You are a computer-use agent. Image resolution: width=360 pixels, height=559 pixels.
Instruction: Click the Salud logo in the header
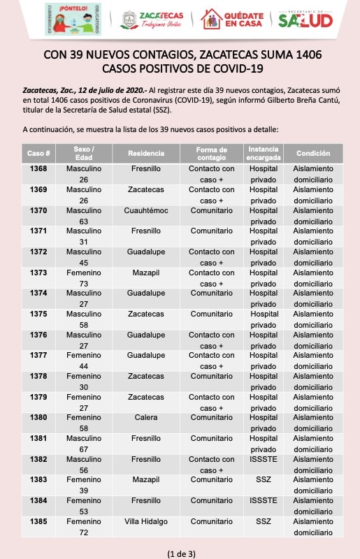(x=305, y=20)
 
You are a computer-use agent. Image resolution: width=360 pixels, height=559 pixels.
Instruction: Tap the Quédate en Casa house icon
(x=212, y=19)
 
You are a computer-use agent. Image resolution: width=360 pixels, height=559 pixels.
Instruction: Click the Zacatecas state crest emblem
(x=129, y=20)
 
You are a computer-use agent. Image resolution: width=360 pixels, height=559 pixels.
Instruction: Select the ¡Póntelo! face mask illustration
(x=73, y=20)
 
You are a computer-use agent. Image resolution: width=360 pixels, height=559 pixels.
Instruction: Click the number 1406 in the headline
(x=309, y=55)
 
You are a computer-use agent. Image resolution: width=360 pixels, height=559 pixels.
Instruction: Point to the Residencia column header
(x=146, y=153)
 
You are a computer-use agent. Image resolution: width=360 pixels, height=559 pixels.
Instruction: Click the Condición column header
(x=313, y=153)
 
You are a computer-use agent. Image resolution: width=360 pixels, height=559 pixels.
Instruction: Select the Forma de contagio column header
(x=212, y=154)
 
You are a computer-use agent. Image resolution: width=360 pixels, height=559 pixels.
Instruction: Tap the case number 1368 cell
(x=38, y=168)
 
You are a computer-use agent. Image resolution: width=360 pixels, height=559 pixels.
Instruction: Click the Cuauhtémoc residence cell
(x=146, y=211)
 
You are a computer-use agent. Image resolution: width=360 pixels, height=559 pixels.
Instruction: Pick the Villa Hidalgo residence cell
(x=146, y=521)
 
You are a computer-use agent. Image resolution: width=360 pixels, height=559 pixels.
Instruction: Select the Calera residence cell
(x=146, y=417)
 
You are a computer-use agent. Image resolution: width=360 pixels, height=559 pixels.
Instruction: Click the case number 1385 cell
(x=38, y=521)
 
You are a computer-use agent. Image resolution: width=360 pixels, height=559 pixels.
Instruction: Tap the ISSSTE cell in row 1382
(x=264, y=459)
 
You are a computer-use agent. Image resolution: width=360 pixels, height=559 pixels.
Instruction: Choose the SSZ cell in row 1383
(x=264, y=480)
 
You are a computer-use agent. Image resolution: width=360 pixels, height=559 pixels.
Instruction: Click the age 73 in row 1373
(x=83, y=284)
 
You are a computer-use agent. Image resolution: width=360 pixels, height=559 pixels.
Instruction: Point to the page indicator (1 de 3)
(x=181, y=553)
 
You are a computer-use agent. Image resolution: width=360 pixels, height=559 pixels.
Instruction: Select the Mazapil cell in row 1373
(x=146, y=273)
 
